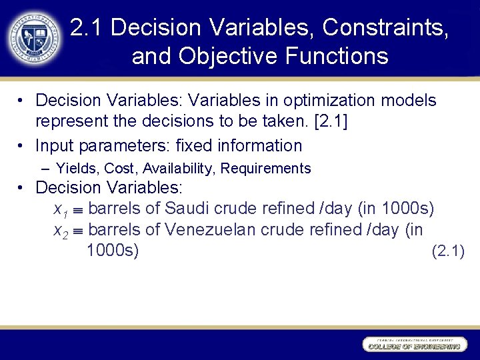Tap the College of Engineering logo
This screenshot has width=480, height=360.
click(413, 344)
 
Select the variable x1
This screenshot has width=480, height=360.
click(61, 211)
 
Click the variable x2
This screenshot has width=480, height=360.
click(61, 231)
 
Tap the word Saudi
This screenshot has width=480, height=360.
click(187, 209)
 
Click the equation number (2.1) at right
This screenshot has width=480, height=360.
click(448, 251)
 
